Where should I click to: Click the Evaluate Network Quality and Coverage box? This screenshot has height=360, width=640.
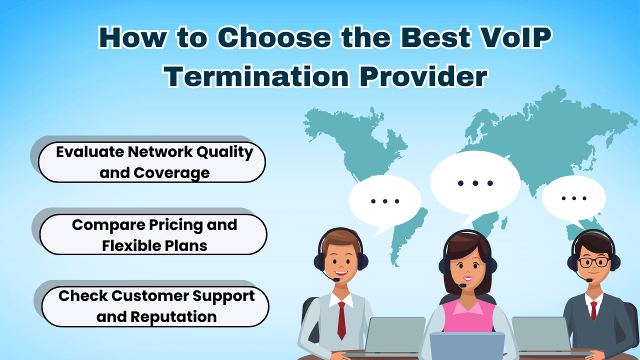pyautogui.click(x=152, y=162)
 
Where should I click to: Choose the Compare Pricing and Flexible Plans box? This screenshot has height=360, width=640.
pyautogui.click(x=153, y=235)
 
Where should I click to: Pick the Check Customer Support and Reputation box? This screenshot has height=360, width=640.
pyautogui.click(x=155, y=306)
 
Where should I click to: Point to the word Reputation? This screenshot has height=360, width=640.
pyautogui.click(x=173, y=316)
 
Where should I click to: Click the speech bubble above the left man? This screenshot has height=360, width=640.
pyautogui.click(x=384, y=201)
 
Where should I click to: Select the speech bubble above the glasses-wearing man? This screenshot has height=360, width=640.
pyautogui.click(x=573, y=198)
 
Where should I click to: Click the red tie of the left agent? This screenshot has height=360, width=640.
pyautogui.click(x=341, y=320)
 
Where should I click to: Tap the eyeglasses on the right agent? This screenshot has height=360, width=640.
pyautogui.click(x=594, y=262)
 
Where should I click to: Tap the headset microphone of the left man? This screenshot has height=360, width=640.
pyautogui.click(x=336, y=279)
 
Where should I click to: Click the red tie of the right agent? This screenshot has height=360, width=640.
pyautogui.click(x=593, y=310)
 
